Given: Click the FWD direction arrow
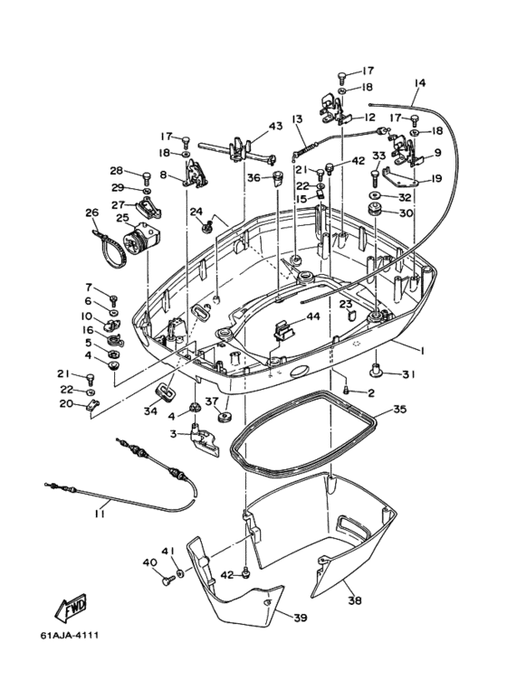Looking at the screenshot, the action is click(71, 608).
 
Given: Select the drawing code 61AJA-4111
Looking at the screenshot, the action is click(69, 635).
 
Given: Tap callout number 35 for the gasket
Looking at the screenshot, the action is click(399, 409).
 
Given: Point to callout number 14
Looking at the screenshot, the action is click(420, 83).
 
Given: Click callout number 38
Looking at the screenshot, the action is click(355, 600).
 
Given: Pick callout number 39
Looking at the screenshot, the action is click(301, 618).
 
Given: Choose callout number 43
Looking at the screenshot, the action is click(275, 127).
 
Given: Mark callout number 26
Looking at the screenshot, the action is click(91, 213).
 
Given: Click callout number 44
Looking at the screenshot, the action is click(313, 316).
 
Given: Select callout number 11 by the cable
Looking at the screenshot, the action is click(99, 514).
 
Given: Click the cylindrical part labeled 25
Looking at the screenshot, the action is click(140, 238).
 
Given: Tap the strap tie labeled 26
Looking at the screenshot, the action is click(104, 250).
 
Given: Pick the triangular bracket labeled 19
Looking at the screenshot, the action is click(401, 177).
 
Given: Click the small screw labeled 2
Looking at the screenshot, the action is click(347, 391).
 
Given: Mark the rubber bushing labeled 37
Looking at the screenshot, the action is click(225, 418).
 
